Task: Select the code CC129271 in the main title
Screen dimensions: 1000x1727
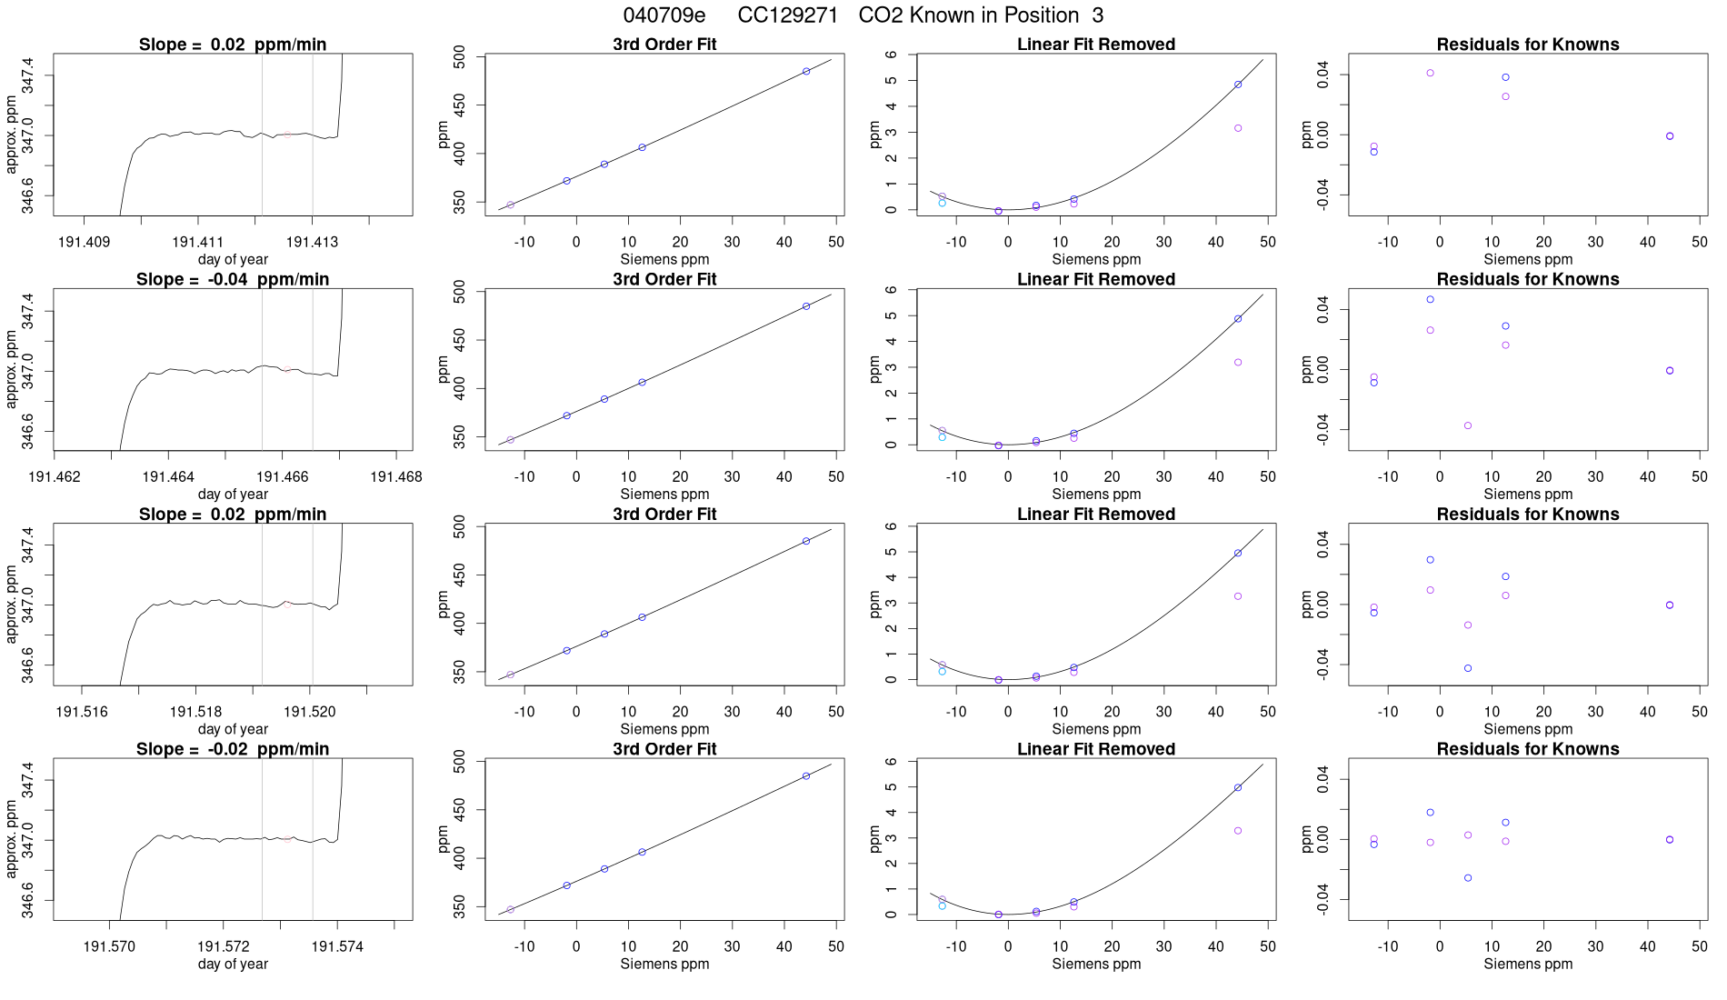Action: click(x=787, y=15)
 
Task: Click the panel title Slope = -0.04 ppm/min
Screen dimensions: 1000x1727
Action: click(x=233, y=279)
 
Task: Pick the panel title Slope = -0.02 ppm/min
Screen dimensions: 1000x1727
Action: click(x=233, y=749)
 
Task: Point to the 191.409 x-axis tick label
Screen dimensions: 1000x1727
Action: click(x=84, y=242)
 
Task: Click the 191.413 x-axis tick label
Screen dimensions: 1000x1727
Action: click(x=312, y=242)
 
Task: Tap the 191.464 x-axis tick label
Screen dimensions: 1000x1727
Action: click(x=168, y=476)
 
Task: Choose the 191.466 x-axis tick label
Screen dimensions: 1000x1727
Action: click(x=283, y=476)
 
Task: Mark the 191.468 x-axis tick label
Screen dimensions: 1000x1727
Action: click(x=396, y=476)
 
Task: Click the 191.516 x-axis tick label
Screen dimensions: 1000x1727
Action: click(x=82, y=712)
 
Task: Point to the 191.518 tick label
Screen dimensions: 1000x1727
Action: click(x=195, y=712)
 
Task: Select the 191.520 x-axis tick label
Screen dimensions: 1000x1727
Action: click(x=310, y=712)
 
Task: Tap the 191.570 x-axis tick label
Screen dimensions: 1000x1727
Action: click(x=109, y=946)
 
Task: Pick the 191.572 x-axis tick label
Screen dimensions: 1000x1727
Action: click(x=224, y=946)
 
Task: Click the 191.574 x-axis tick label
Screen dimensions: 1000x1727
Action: click(x=337, y=946)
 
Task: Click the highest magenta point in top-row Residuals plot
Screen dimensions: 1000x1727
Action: click(x=1430, y=73)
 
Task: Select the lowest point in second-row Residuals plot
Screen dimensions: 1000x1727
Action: click(x=1468, y=425)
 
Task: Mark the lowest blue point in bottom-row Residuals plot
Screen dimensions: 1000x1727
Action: click(x=1468, y=878)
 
